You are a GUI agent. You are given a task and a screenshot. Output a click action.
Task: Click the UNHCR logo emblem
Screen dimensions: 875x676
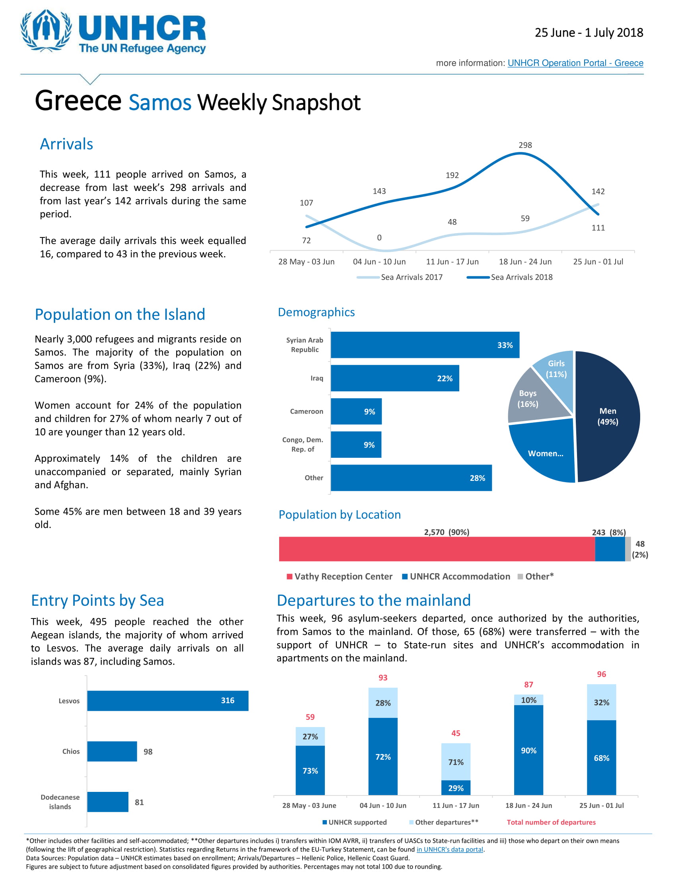pyautogui.click(x=46, y=31)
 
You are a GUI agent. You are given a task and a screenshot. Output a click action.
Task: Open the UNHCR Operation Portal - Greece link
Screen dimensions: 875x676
pyautogui.click(x=575, y=63)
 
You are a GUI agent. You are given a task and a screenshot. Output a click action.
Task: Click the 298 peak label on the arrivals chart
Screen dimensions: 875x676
pyautogui.click(x=525, y=145)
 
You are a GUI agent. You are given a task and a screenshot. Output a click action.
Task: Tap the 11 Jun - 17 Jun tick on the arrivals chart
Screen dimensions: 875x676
pyautogui.click(x=452, y=262)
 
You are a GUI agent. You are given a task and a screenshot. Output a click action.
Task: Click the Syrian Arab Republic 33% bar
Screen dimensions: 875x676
pyautogui.click(x=425, y=345)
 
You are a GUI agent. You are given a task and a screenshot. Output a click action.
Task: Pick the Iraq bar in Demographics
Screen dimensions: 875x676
pyautogui.click(x=394, y=378)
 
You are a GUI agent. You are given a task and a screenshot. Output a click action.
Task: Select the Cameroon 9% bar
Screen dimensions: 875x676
pyautogui.click(x=356, y=412)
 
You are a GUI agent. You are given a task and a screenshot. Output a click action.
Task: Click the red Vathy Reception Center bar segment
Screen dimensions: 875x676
pyautogui.click(x=437, y=549)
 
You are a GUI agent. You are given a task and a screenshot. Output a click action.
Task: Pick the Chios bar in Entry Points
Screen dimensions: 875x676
pyautogui.click(x=112, y=751)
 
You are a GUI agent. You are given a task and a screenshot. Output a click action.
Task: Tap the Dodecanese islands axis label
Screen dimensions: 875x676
pyautogui.click(x=60, y=802)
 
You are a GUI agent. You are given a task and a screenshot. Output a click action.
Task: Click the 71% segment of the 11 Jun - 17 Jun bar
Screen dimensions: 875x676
pyautogui.click(x=456, y=762)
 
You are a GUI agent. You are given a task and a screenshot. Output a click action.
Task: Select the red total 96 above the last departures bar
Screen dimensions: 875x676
pyautogui.click(x=601, y=674)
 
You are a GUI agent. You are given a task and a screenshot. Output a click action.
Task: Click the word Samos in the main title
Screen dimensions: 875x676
pyautogui.click(x=160, y=103)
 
